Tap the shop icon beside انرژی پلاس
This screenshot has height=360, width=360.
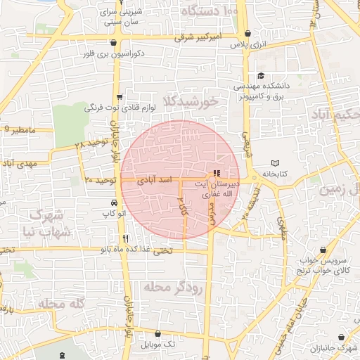(247, 33)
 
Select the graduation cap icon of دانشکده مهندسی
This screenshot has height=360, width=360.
(261, 76)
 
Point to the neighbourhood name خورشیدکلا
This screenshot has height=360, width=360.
(191, 102)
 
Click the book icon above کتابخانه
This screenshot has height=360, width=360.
(274, 163)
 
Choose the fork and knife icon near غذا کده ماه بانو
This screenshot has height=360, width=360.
(125, 238)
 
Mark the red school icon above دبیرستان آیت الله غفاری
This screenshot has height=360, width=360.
(216, 173)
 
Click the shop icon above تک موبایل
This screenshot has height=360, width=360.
(156, 334)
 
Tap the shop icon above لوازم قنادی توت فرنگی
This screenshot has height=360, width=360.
(120, 97)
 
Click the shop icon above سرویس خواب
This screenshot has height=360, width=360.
(323, 250)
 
